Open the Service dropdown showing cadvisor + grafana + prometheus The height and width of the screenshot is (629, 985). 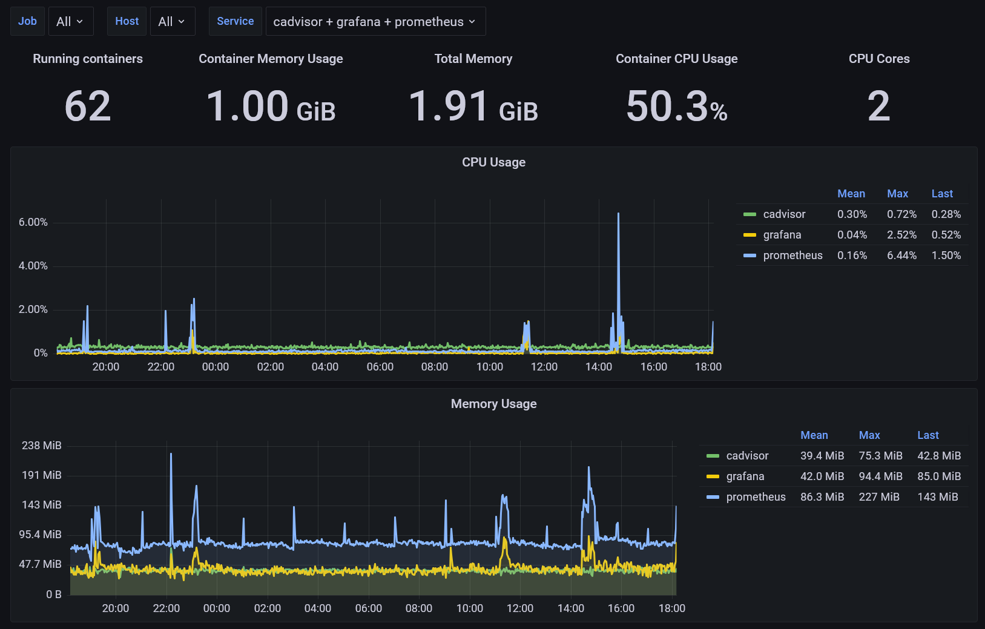tap(375, 22)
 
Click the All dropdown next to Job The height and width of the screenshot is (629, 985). tap(70, 22)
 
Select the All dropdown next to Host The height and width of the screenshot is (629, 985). tap(172, 22)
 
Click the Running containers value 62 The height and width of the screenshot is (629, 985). tap(88, 107)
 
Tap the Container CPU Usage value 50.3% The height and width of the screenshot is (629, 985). tap(676, 107)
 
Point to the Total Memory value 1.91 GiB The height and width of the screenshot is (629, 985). tap(473, 107)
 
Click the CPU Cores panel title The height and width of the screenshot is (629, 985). tap(879, 59)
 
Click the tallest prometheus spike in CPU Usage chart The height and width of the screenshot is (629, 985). tap(618, 214)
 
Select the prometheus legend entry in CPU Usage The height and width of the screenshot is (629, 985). tap(792, 255)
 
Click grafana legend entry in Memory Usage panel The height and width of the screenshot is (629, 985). tap(745, 476)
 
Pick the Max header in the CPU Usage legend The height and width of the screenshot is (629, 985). tap(897, 194)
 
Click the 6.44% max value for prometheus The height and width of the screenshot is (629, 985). tap(901, 255)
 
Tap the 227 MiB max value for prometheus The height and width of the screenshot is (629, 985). tap(879, 497)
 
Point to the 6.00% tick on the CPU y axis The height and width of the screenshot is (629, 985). tap(33, 222)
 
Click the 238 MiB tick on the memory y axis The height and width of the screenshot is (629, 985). tap(42, 446)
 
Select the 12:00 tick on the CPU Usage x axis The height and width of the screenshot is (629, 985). tap(544, 367)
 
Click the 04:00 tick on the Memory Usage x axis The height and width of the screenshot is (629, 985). tap(317, 608)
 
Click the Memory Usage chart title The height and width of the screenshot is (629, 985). tap(493, 404)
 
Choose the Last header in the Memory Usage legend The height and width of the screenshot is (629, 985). tap(927, 435)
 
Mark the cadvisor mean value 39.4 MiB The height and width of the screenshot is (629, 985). tap(822, 456)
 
